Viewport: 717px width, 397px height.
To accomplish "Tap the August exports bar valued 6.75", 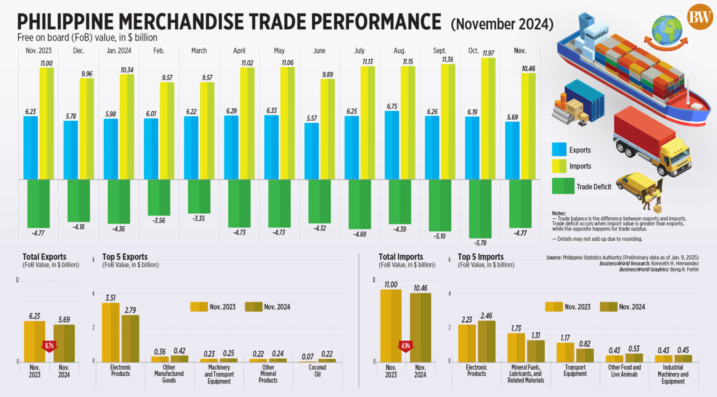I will (392, 145).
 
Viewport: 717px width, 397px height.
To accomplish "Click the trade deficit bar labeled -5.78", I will (480, 209).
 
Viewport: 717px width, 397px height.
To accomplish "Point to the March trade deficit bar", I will (199, 196).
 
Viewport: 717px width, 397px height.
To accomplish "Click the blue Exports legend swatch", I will (559, 150).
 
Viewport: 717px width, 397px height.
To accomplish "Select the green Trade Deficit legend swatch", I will (563, 186).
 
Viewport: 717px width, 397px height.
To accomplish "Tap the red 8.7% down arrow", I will (49, 346).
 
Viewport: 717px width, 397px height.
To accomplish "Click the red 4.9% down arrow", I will (405, 346).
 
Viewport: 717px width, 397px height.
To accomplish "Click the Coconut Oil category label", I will (317, 371).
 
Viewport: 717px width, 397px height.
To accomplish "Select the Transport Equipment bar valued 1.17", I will (565, 352).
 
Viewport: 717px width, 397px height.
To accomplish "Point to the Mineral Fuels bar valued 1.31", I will (536, 351).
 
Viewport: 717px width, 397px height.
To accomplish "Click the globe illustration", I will (667, 29).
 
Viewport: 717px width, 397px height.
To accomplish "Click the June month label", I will (319, 50).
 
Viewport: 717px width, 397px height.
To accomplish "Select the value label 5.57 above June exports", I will (311, 118).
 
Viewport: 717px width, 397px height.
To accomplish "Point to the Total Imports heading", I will (401, 257).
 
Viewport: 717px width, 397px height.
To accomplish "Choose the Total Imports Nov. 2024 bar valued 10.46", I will (420, 327).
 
